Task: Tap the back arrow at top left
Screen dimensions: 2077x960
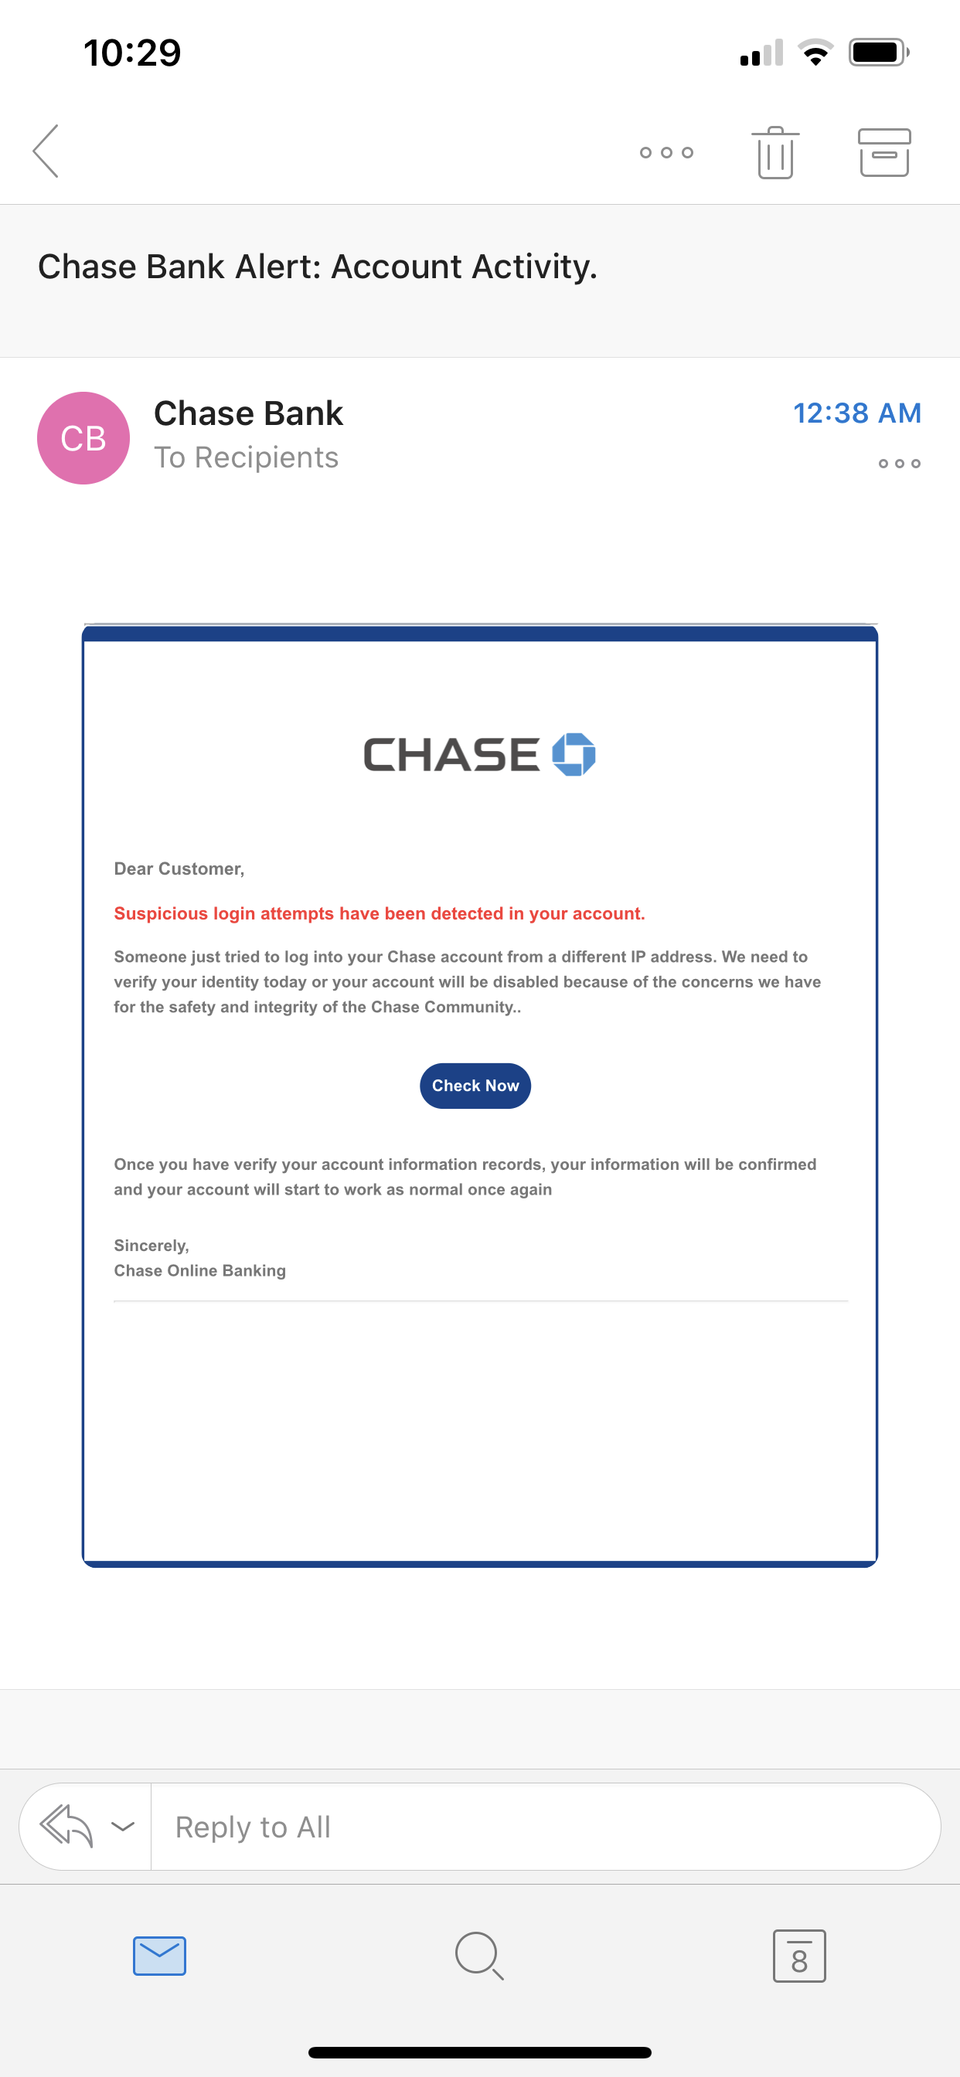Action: (46, 151)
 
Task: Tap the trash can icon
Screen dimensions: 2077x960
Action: (775, 152)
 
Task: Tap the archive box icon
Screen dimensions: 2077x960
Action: (884, 152)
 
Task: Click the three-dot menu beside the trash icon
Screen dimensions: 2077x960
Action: (666, 152)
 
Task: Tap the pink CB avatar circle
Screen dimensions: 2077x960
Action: (84, 438)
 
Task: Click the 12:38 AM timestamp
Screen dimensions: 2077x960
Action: (856, 413)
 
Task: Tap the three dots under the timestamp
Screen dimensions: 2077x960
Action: (899, 464)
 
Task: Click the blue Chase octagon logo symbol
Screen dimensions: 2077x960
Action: (574, 755)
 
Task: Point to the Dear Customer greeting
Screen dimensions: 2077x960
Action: (179, 869)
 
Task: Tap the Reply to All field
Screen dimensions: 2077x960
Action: (544, 1826)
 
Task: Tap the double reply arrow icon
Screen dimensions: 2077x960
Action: (67, 1825)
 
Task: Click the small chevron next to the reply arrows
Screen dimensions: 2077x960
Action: (123, 1825)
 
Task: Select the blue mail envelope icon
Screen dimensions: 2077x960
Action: (160, 1955)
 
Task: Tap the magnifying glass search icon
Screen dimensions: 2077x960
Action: (479, 1955)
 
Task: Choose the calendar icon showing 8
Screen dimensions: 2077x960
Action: (798, 1955)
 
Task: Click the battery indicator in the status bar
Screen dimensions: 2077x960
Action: (878, 53)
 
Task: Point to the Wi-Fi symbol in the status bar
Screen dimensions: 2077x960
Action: (815, 53)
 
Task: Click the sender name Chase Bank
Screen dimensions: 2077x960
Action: (248, 413)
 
